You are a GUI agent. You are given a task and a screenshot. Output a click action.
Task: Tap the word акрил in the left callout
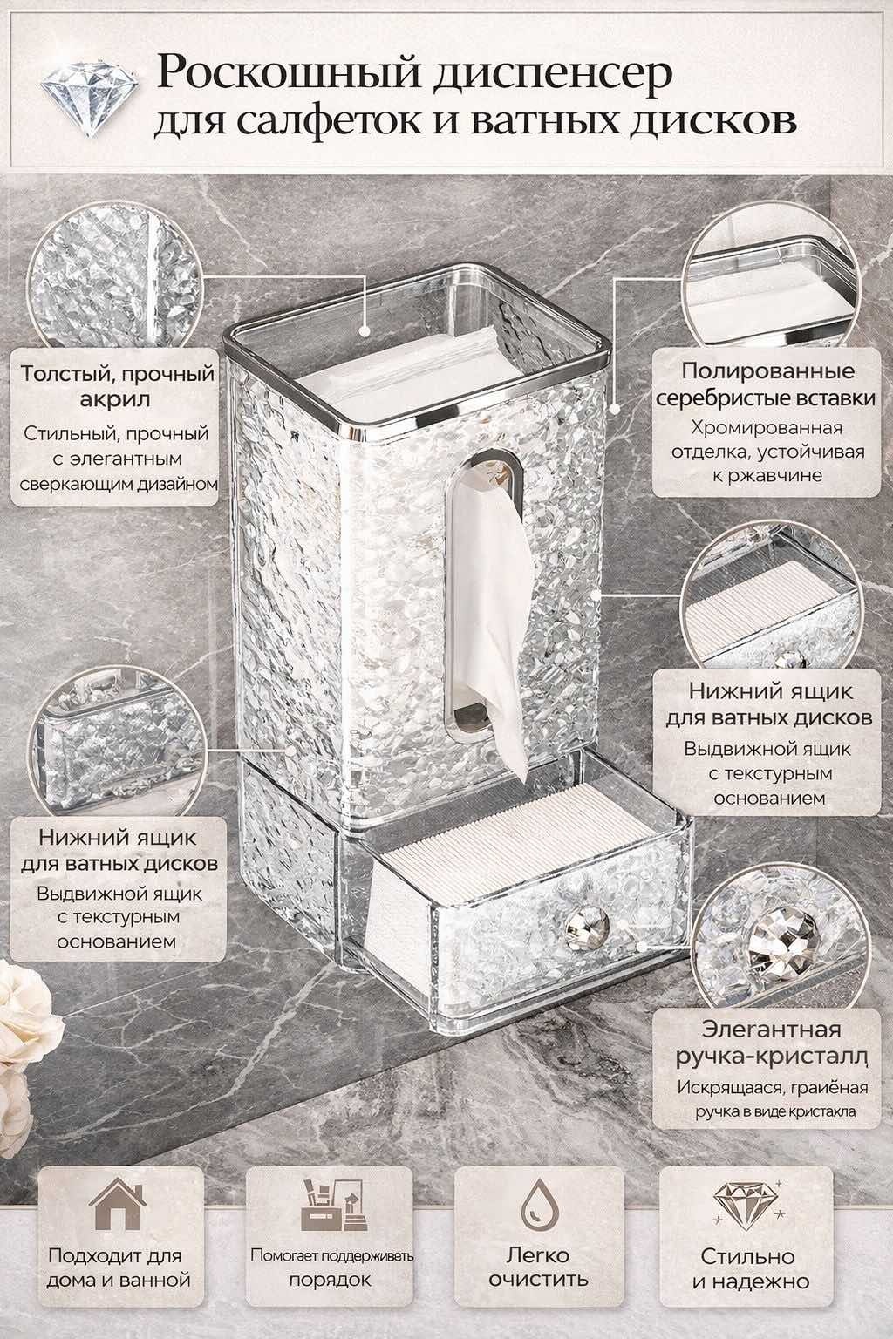click(x=115, y=400)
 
